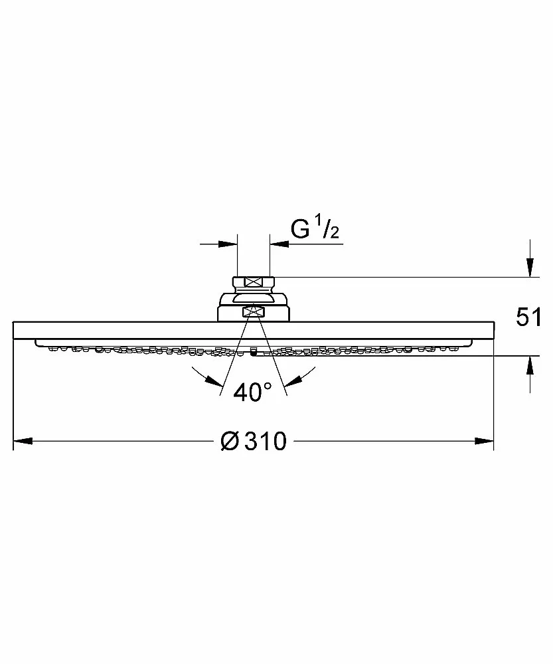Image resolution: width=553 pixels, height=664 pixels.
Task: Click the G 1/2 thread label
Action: [315, 229]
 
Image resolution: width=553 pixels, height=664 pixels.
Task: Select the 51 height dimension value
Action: [528, 317]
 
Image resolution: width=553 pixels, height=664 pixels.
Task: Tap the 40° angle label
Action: [253, 392]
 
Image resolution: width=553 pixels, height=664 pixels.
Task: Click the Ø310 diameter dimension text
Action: [254, 442]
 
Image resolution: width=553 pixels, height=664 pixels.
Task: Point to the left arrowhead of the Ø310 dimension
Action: [23, 442]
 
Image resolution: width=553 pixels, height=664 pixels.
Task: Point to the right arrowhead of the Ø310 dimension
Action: [485, 442]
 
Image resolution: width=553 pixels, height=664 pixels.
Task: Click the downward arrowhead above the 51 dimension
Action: [530, 267]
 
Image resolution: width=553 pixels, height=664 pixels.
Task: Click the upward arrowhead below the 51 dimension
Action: [530, 365]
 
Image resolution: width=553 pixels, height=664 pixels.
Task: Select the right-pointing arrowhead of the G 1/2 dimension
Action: [228, 244]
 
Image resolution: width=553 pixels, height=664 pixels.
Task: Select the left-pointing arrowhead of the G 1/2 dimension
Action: [279, 244]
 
